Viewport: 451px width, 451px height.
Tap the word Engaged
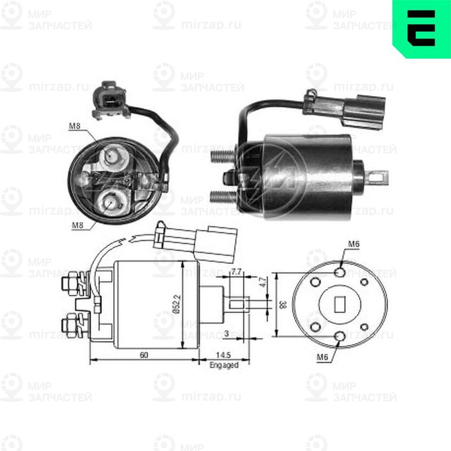click(224, 365)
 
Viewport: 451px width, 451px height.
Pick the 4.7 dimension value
click(263, 280)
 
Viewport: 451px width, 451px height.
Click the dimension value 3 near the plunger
click(225, 334)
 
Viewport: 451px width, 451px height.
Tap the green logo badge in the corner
click(421, 28)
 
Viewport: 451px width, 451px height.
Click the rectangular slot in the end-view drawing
click(341, 304)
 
